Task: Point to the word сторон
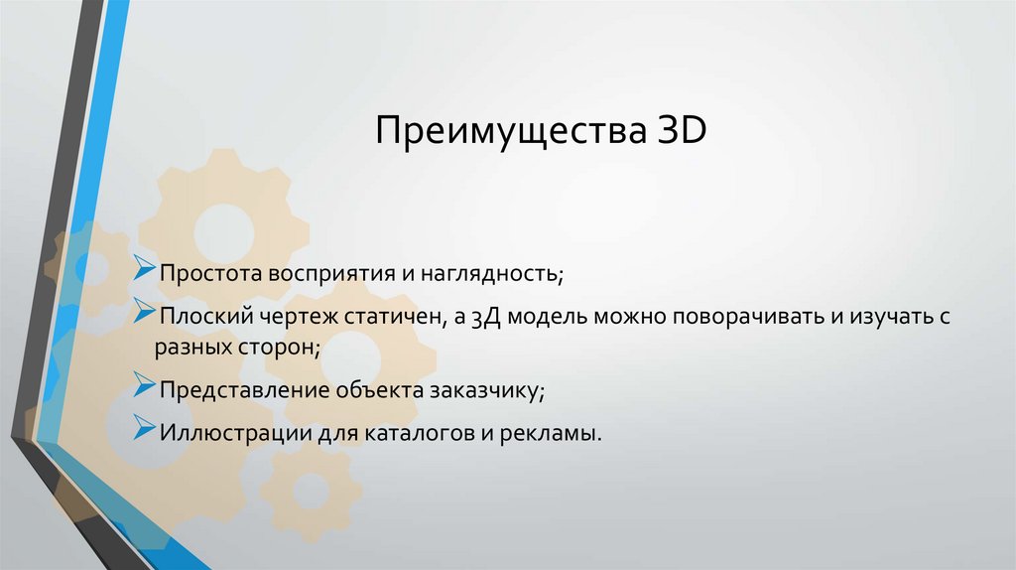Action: (x=279, y=347)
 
